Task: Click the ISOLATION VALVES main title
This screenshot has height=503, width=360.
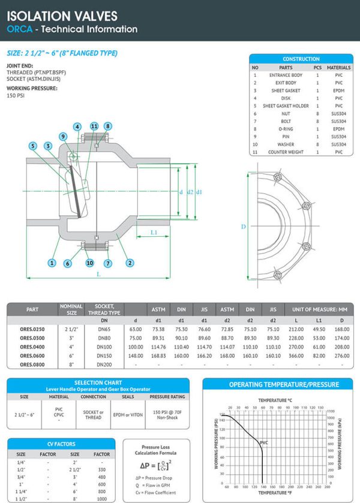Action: click(62, 16)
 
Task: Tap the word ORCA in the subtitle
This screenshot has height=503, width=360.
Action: click(19, 29)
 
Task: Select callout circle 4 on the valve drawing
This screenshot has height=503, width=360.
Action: click(77, 126)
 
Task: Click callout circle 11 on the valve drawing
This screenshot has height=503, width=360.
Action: click(94, 126)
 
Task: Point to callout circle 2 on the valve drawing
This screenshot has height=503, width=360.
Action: click(130, 263)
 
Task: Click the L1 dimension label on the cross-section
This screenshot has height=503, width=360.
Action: click(154, 231)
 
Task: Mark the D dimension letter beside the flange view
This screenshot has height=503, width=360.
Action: click(243, 227)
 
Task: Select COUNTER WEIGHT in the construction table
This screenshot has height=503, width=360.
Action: click(285, 152)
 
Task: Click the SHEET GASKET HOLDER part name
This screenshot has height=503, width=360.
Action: click(285, 106)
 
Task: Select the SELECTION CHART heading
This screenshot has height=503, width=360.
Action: click(97, 382)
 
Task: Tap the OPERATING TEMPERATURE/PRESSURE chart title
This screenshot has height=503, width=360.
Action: click(276, 384)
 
